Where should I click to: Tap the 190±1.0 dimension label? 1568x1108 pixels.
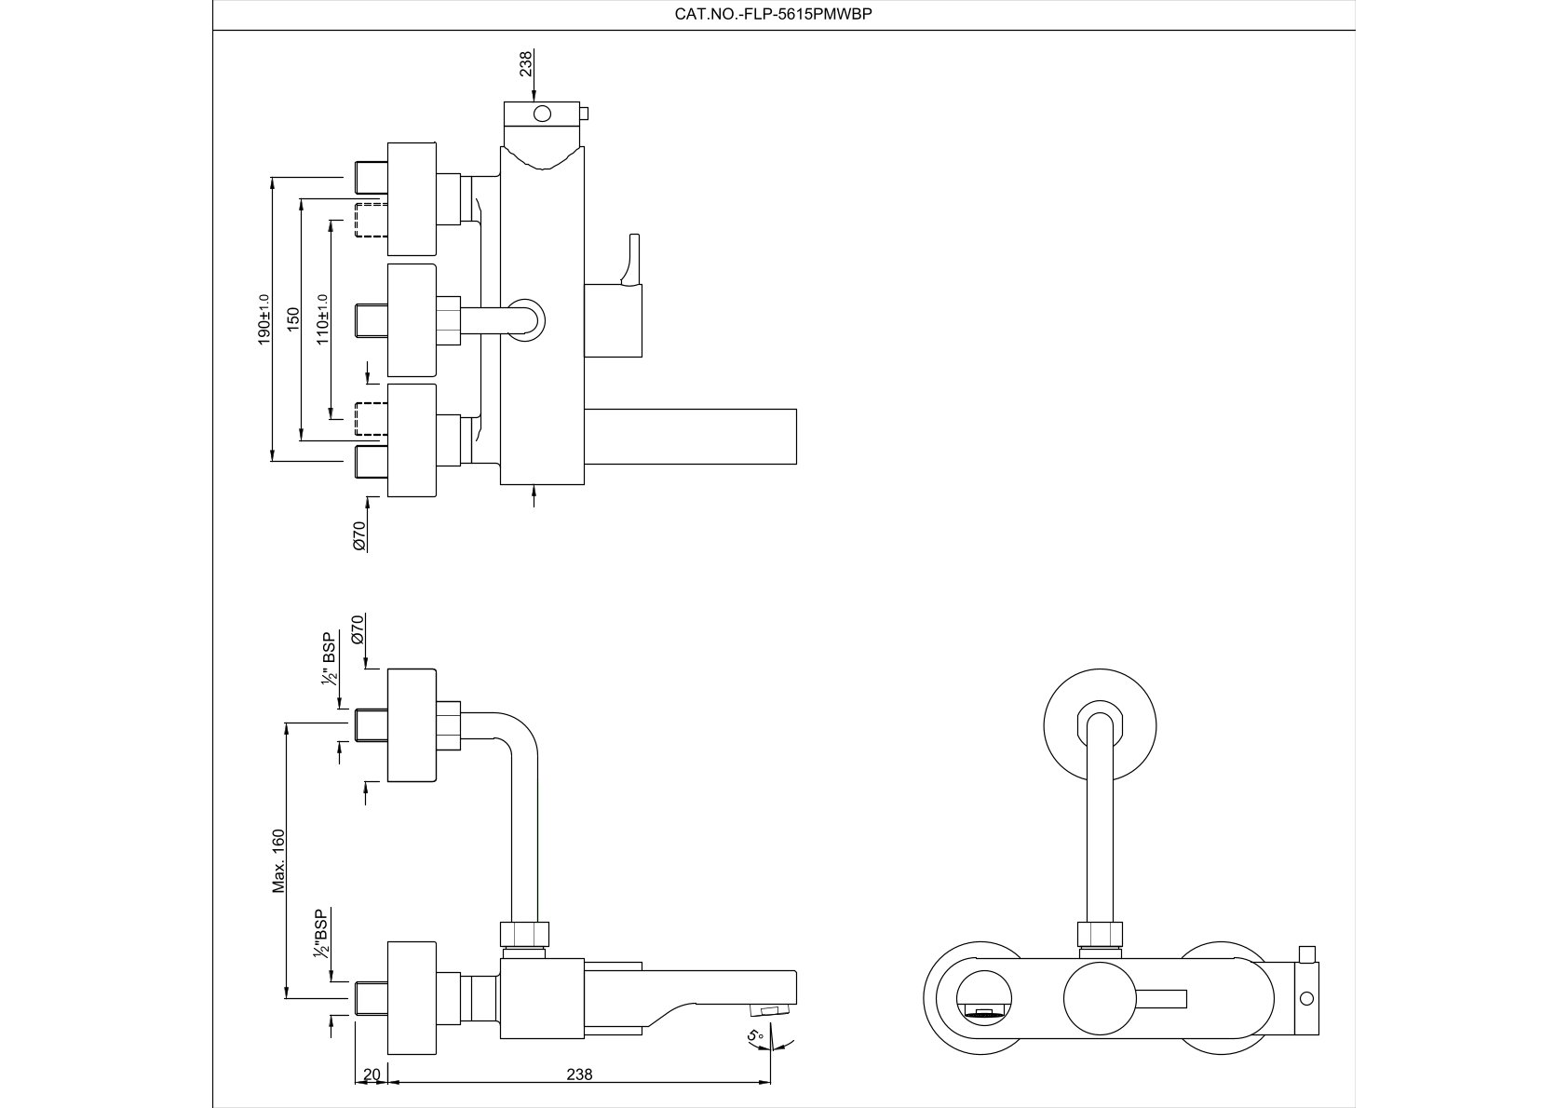pos(264,320)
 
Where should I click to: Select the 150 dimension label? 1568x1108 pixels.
pos(293,319)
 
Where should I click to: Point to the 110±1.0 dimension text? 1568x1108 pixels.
pos(323,319)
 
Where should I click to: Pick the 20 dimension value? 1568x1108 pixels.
pos(372,1074)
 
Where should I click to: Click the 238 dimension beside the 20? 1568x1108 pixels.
pos(579,1074)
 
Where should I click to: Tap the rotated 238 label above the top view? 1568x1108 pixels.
pos(526,63)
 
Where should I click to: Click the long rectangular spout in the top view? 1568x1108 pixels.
pos(690,436)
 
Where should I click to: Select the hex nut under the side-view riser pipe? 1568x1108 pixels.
pos(525,933)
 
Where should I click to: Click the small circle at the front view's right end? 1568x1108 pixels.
pos(1306,999)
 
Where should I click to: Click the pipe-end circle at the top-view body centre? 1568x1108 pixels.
pos(525,318)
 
